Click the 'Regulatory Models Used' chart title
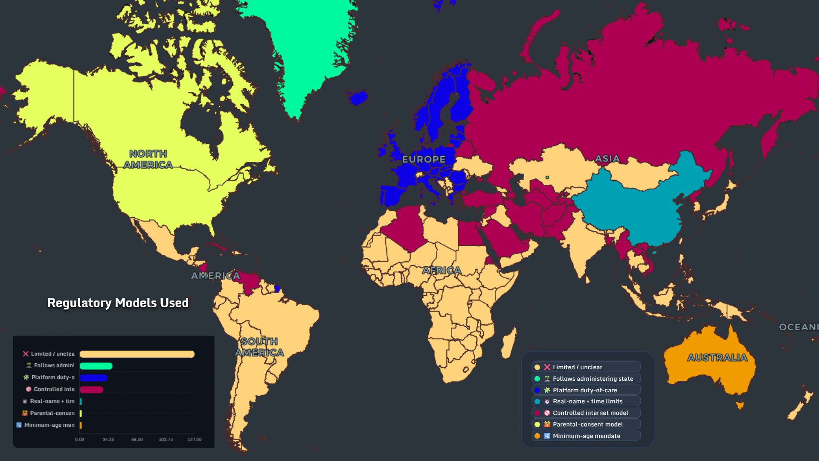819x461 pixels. [118, 303]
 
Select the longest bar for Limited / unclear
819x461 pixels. [137, 354]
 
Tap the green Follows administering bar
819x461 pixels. [96, 366]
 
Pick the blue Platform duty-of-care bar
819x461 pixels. [93, 378]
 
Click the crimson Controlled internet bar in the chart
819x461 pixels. [91, 390]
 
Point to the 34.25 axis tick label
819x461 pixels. [108, 439]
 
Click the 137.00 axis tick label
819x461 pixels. [195, 439]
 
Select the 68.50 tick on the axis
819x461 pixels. [137, 439]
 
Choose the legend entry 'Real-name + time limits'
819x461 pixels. [587, 401]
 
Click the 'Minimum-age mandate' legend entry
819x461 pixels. [586, 436]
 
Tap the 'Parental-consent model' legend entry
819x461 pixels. [587, 424]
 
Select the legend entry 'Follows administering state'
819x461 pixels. [592, 379]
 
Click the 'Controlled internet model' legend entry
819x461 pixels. [590, 413]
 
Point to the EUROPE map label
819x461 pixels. [424, 159]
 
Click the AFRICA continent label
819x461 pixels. [441, 270]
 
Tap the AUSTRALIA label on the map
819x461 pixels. [717, 358]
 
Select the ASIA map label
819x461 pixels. [607, 159]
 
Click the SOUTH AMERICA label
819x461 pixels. [259, 347]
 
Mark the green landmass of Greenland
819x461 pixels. [307, 51]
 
